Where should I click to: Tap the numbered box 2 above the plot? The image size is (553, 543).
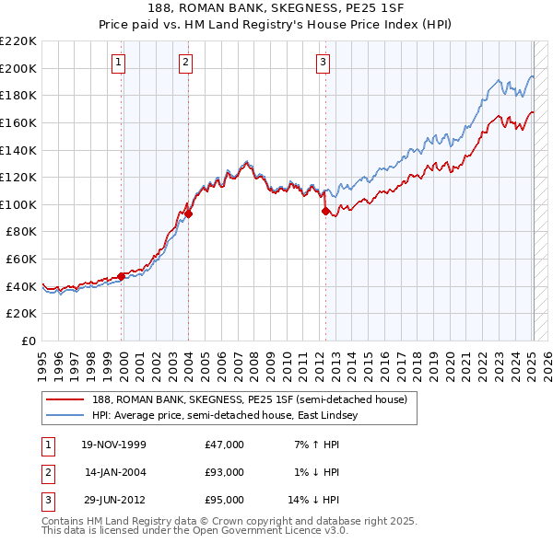point(185,63)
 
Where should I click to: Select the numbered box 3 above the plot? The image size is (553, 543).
point(324,63)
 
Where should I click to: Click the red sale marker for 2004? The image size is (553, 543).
point(188,214)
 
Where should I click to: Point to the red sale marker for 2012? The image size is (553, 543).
point(325,211)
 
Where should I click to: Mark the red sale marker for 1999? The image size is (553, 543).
point(122,276)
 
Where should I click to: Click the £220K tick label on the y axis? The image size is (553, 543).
point(18,41)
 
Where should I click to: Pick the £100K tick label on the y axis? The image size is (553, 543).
point(18,204)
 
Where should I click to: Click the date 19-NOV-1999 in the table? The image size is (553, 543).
point(114,445)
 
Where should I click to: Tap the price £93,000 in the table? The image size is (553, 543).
point(225,472)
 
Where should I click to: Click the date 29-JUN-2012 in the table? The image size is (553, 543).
point(114,500)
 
